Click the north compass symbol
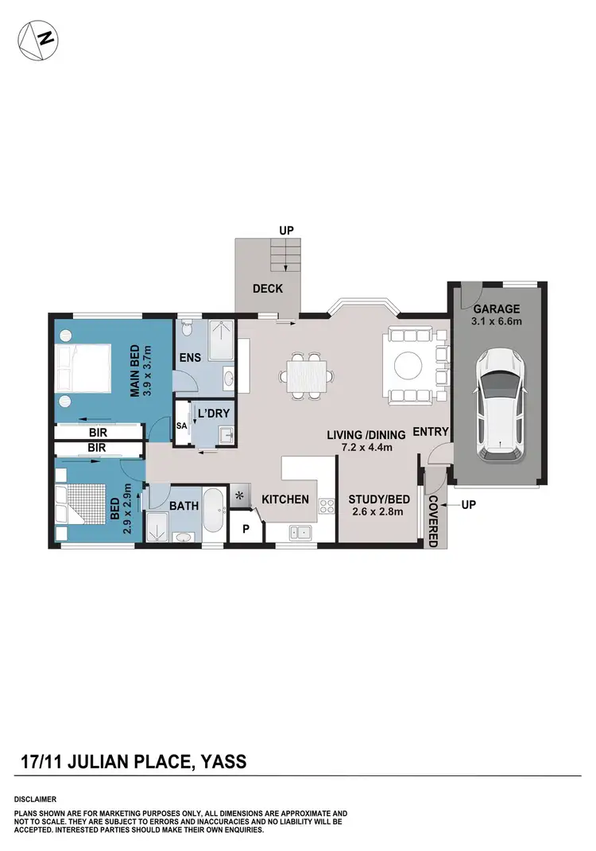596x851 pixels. (37, 37)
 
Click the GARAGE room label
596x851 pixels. (497, 309)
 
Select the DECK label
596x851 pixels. (268, 289)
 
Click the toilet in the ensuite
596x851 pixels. (186, 328)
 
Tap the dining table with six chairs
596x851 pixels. (307, 373)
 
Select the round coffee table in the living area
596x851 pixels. (412, 367)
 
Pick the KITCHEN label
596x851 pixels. (285, 499)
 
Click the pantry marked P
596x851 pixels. (246, 530)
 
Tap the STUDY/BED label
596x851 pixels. (378, 499)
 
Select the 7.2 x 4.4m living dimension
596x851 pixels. (367, 448)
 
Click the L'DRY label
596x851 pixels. (212, 414)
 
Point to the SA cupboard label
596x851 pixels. (182, 426)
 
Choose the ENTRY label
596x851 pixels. (432, 432)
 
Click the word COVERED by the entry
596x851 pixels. (433, 520)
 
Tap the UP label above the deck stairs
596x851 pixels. (286, 230)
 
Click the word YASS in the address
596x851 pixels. (223, 762)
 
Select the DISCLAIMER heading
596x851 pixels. (35, 798)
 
